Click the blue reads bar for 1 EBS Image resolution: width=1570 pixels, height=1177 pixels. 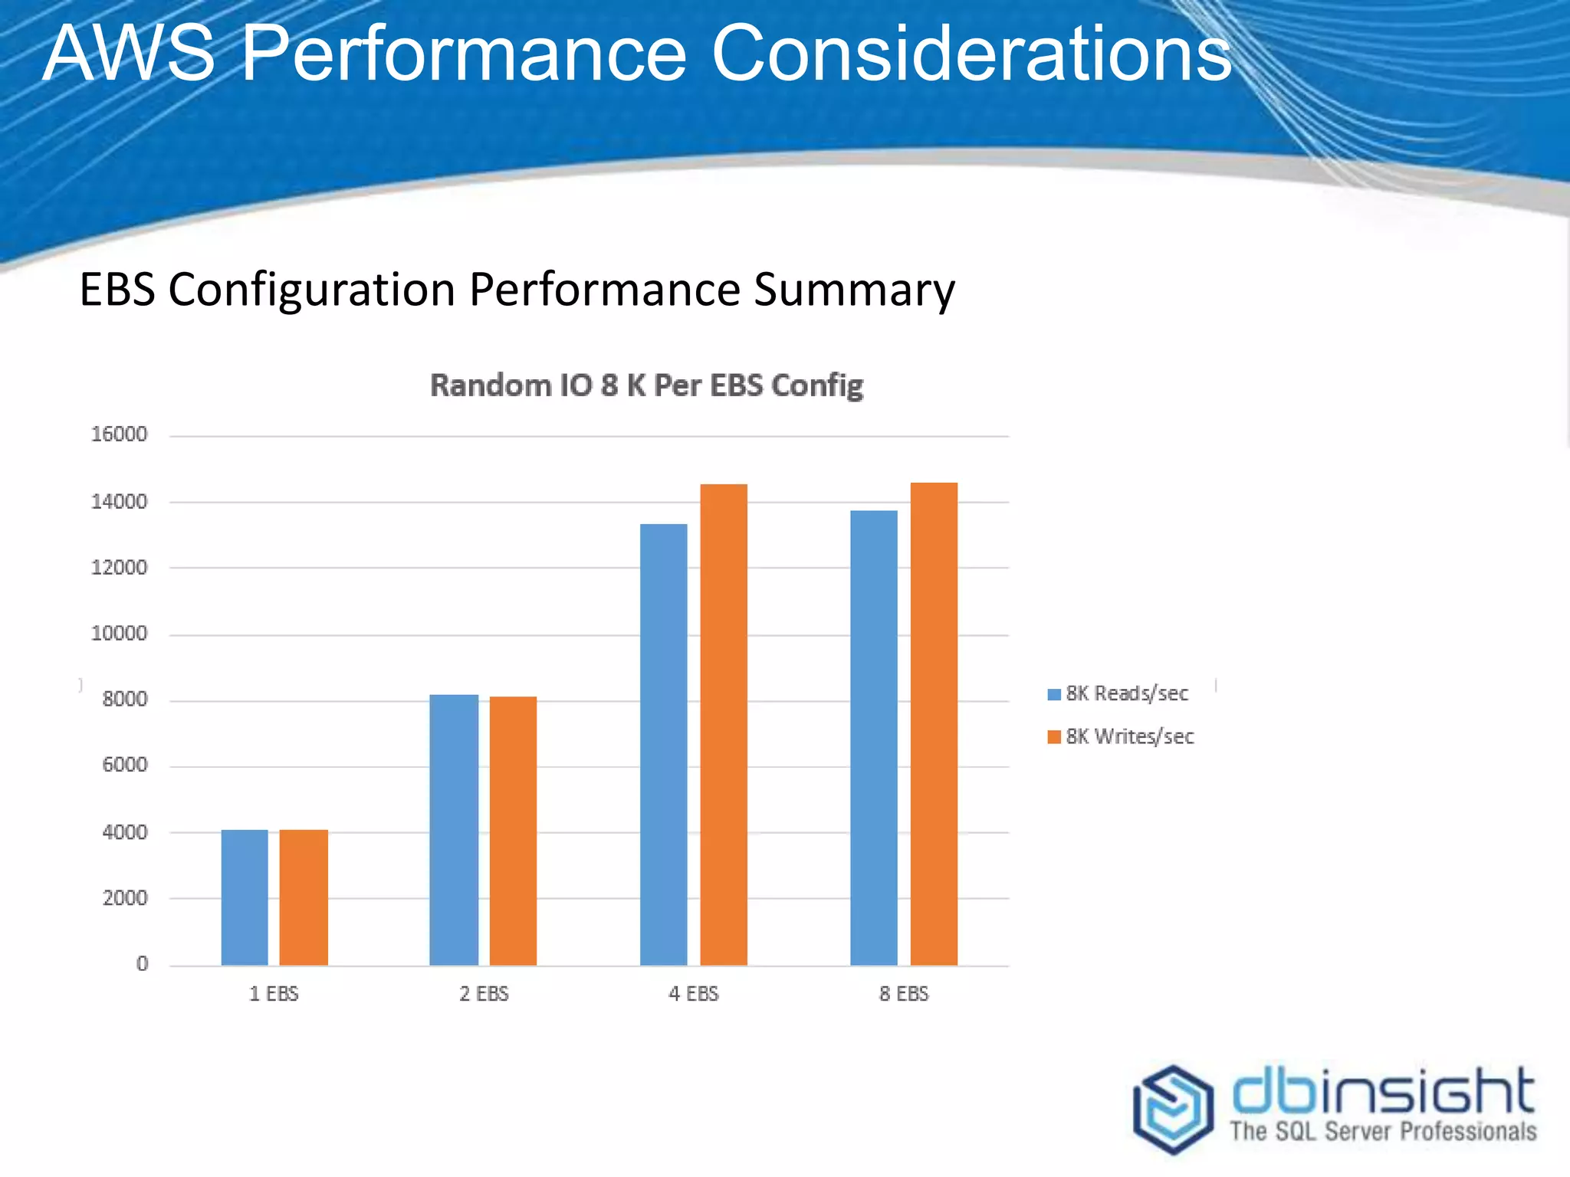tap(245, 897)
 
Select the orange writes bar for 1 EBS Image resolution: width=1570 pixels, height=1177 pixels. tap(304, 897)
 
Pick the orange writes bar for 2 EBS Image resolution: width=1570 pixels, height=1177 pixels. tap(513, 831)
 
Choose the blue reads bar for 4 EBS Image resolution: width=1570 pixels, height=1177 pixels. tap(664, 744)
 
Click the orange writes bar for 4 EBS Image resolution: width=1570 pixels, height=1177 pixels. tap(724, 724)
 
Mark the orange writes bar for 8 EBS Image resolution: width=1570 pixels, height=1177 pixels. tap(934, 723)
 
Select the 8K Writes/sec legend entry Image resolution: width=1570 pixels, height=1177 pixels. tap(1121, 736)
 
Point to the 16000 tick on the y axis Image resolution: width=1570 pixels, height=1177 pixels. tap(119, 434)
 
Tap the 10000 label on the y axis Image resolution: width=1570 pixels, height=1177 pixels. tap(119, 634)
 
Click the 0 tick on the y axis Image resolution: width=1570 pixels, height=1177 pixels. tap(142, 964)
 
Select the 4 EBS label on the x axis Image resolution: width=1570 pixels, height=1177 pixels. tap(694, 994)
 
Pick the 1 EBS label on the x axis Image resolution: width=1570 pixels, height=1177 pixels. tap(274, 994)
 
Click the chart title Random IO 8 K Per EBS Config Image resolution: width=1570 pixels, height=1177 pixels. tap(646, 385)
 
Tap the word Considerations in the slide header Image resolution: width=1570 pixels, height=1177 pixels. tap(971, 54)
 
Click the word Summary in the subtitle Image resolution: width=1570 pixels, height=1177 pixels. tap(854, 290)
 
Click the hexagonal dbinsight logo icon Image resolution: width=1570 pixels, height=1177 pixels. tap(1173, 1109)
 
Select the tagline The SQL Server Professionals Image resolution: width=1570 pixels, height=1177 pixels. tap(1383, 1131)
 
